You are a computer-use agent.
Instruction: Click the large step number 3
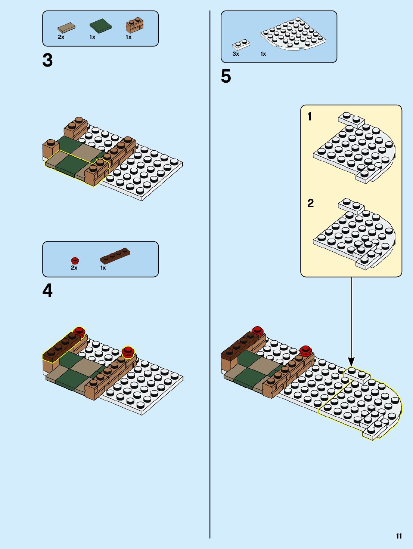tap(47, 61)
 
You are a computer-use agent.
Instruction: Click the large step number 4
tap(47, 291)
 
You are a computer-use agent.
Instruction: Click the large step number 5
tap(226, 77)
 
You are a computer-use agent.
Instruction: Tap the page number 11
tap(399, 536)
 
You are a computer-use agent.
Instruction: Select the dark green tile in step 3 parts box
tap(100, 25)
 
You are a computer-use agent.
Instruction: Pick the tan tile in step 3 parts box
tap(66, 27)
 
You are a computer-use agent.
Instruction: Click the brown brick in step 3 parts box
tap(134, 25)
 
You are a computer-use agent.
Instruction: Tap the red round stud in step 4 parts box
tap(75, 260)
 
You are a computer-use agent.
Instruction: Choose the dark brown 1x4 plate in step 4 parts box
tap(115, 256)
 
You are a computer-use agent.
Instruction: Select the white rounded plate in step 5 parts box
tap(294, 34)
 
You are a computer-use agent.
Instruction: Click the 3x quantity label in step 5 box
tap(236, 54)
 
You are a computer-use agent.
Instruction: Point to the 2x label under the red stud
tap(74, 268)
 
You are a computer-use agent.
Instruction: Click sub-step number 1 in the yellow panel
tap(309, 117)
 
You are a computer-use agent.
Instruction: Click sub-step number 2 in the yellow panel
tap(310, 203)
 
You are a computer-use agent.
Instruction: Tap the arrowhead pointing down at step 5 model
tap(351, 362)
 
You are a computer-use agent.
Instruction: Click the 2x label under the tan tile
tap(61, 37)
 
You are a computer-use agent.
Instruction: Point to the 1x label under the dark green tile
tap(92, 37)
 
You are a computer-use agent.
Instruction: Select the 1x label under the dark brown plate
tap(103, 268)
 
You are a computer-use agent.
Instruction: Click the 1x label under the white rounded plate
tap(263, 54)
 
